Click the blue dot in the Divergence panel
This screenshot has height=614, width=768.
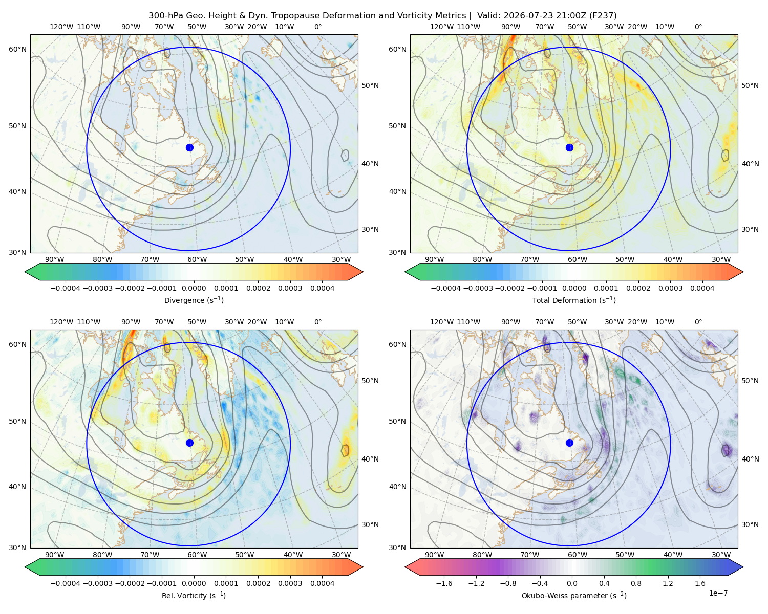(x=189, y=148)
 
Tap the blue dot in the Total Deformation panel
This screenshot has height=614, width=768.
(x=569, y=148)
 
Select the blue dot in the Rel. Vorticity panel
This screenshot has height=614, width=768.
(x=189, y=443)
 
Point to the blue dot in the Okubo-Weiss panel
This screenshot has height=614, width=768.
(x=569, y=443)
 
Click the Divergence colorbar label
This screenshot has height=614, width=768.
(x=194, y=300)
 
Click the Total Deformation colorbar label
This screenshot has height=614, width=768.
(x=574, y=300)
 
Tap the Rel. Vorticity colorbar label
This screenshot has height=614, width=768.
(x=194, y=596)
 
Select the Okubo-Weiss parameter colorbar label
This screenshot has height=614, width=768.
(x=574, y=596)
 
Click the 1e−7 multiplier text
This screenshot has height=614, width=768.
(x=718, y=593)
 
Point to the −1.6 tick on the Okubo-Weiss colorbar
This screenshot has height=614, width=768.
(x=444, y=583)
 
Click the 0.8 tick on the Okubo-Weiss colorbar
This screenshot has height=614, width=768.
(x=636, y=583)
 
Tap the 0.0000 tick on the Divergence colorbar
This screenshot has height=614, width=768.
(x=194, y=288)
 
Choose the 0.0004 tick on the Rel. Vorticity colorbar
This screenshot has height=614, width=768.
(x=322, y=583)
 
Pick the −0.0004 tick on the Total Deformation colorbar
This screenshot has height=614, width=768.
(x=446, y=288)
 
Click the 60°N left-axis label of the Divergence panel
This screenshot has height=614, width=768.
(x=17, y=49)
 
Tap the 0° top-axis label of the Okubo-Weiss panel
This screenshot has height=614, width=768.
(x=698, y=322)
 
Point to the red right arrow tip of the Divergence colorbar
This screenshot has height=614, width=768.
(x=362, y=272)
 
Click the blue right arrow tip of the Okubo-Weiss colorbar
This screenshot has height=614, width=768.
(x=743, y=567)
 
